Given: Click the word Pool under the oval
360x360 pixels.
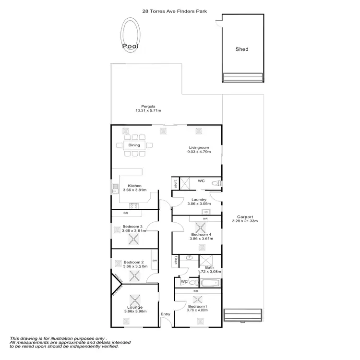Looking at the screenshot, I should click(130, 47).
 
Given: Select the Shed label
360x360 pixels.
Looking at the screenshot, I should click(242, 49).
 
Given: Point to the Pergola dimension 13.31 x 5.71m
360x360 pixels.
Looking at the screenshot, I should click(148, 111).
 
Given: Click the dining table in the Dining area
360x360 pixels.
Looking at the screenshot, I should click(134, 145).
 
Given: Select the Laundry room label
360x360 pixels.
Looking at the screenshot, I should click(199, 200).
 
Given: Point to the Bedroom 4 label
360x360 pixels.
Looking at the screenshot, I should click(198, 234).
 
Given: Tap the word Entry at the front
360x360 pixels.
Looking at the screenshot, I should click(166, 314).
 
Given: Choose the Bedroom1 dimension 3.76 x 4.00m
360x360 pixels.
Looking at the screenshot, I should click(198, 311).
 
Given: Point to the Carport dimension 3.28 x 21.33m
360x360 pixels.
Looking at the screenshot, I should click(245, 221).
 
